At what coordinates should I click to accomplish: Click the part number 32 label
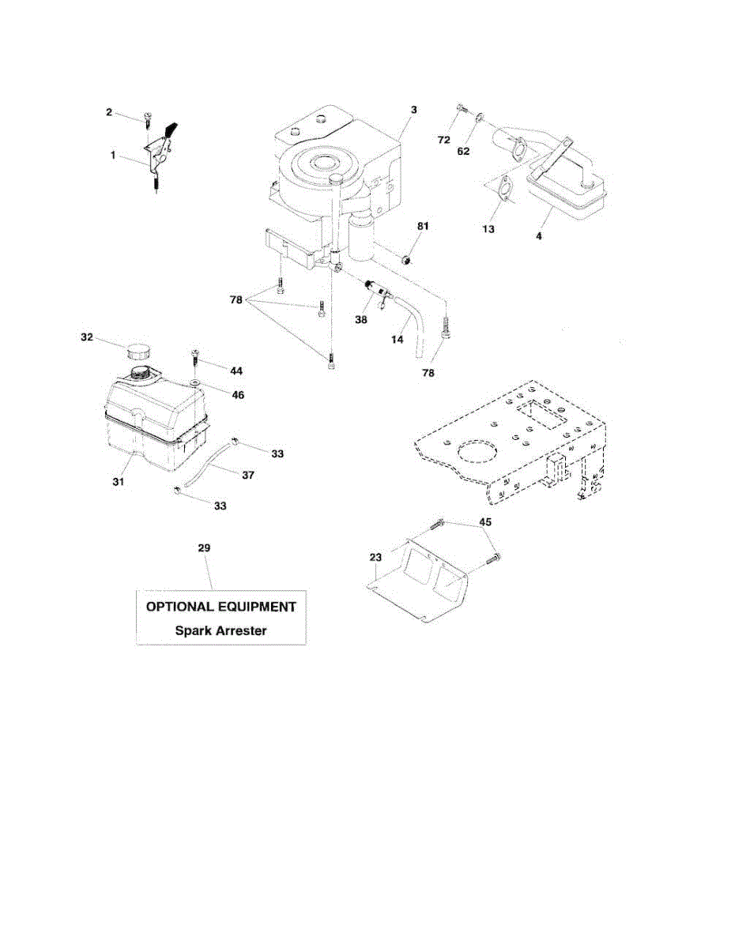click(x=87, y=337)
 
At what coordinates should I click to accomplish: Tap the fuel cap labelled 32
click(x=138, y=350)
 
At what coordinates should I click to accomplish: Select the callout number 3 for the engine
click(x=413, y=110)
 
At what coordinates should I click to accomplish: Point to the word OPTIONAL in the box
click(x=177, y=607)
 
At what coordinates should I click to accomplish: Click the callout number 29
click(x=205, y=547)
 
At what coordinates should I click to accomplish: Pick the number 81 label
click(x=423, y=227)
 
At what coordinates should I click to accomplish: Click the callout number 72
click(x=444, y=139)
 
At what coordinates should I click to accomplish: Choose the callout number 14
click(x=398, y=339)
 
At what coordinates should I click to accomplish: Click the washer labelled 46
click(x=192, y=384)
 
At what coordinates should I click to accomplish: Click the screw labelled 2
click(x=148, y=118)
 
